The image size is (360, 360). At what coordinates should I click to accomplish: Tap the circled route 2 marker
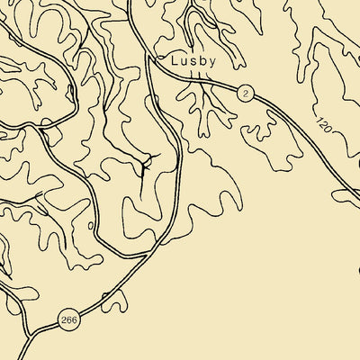tap(243, 94)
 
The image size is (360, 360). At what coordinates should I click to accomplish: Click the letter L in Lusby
tap(174, 61)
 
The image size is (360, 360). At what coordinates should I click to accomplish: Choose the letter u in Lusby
tap(182, 62)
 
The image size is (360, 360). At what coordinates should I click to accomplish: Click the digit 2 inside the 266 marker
tap(62, 319)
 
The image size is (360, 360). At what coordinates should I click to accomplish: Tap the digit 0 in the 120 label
tap(328, 126)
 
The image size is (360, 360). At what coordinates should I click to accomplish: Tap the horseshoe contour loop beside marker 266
tap(115, 302)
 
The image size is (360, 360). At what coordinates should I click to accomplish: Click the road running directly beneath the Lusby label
tap(193, 79)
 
